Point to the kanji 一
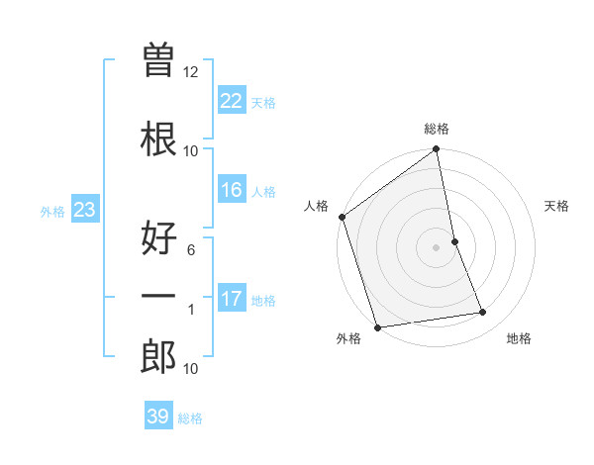pyautogui.click(x=158, y=297)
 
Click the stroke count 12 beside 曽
pyautogui.click(x=191, y=72)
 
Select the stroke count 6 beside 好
pyautogui.click(x=191, y=249)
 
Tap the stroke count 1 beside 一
pyautogui.click(x=191, y=310)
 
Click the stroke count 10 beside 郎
pyautogui.click(x=191, y=369)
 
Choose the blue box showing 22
pyautogui.click(x=232, y=101)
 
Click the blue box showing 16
pyautogui.click(x=232, y=190)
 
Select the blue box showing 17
pyautogui.click(x=232, y=299)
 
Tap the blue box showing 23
pyautogui.click(x=84, y=210)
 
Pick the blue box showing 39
pyautogui.click(x=158, y=417)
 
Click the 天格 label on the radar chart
pyautogui.click(x=556, y=206)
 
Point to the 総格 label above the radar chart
pyautogui.click(x=437, y=129)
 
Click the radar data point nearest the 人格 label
pyautogui.click(x=342, y=217)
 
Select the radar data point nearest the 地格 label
pyautogui.click(x=483, y=313)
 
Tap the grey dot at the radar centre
pyautogui.click(x=437, y=246)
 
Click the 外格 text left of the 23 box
pyautogui.click(x=52, y=211)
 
